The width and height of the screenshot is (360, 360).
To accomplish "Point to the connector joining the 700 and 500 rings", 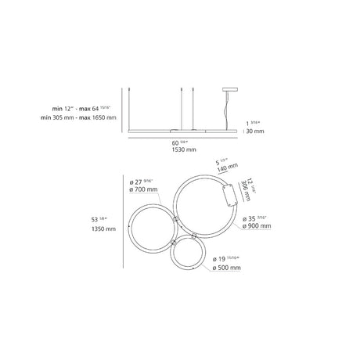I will (x=174, y=243).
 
